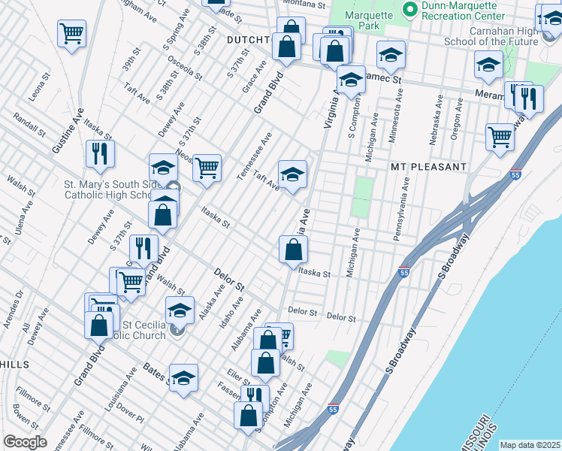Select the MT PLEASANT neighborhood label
pos(428,165)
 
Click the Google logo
pos(25,442)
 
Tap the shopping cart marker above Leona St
pos(71,33)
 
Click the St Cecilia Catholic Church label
pos(143,330)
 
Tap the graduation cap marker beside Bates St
pos(183,380)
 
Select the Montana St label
pos(304,4)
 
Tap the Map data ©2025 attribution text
pos(530,445)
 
